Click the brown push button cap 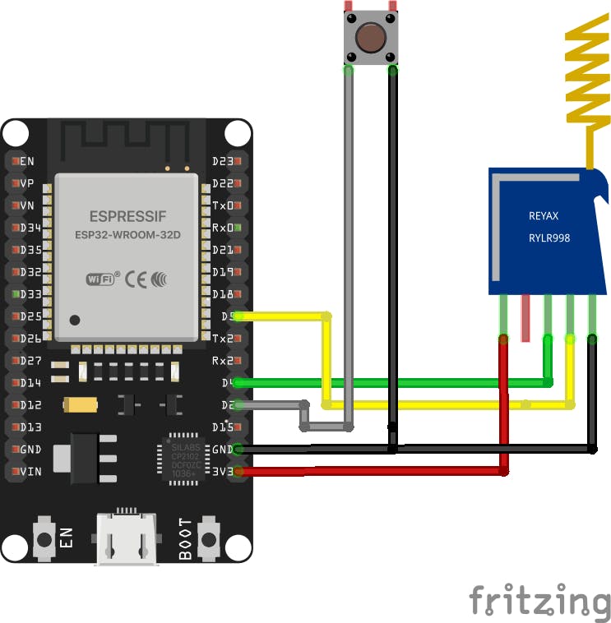point(371,36)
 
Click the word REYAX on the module point(544,216)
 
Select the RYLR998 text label point(549,238)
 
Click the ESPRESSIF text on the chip point(127,217)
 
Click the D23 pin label point(223,161)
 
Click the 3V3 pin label point(222,472)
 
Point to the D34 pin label point(30,228)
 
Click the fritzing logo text point(539,601)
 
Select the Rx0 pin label point(223,228)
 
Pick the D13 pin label point(30,427)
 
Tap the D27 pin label point(30,361)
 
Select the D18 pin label point(223,294)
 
